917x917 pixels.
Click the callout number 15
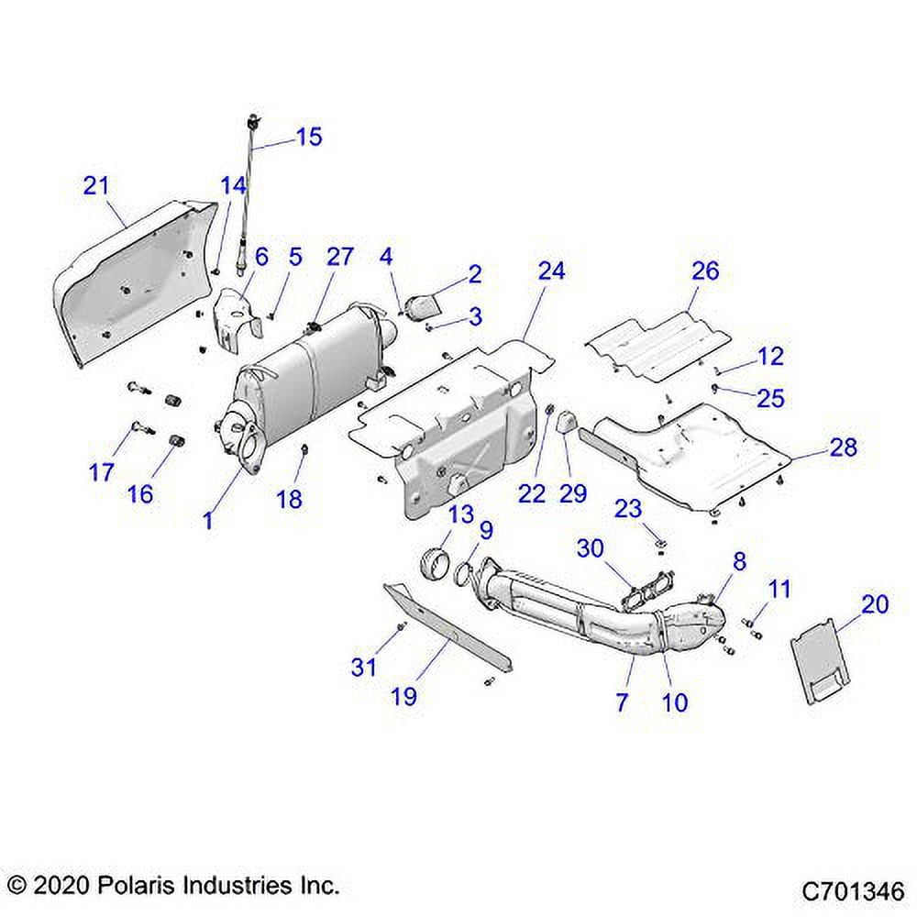click(x=309, y=137)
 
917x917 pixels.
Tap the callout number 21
click(x=95, y=186)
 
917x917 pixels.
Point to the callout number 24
click(x=552, y=271)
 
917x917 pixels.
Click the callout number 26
click(x=705, y=271)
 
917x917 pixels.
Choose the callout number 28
click(x=843, y=447)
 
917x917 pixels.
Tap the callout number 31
click(x=364, y=667)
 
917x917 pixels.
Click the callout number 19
click(x=403, y=696)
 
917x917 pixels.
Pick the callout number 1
click(x=208, y=520)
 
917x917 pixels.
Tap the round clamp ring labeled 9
click(x=469, y=575)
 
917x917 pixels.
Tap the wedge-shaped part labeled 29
click(x=563, y=423)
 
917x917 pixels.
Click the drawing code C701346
click(x=853, y=890)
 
